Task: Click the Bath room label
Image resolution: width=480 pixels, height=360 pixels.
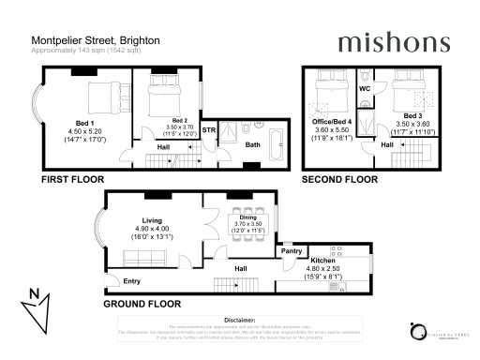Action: [253, 144]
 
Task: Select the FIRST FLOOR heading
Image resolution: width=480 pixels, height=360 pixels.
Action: [72, 178]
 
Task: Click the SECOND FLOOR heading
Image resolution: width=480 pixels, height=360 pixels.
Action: [337, 178]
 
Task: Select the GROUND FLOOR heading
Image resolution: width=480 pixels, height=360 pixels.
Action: [141, 305]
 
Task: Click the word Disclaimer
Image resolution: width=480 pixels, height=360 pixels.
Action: [240, 320]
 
